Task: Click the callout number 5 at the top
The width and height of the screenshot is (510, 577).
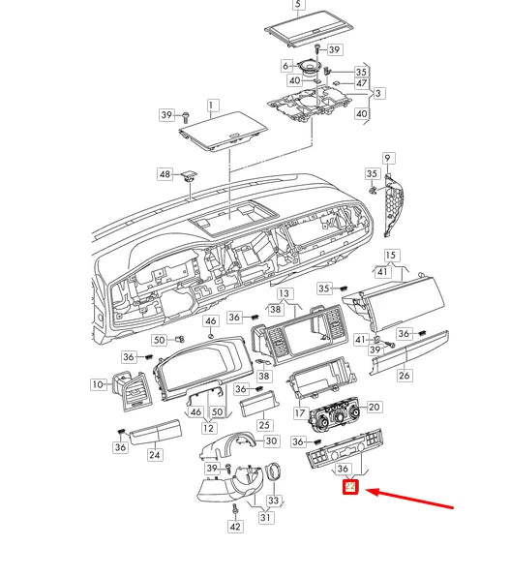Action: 297,5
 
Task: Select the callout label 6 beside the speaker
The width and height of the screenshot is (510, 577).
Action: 286,66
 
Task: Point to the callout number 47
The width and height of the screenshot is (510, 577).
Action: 361,84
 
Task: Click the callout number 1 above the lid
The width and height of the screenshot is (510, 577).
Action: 213,104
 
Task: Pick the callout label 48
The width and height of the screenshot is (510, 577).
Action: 165,175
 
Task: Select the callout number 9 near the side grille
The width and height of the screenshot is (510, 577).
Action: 387,158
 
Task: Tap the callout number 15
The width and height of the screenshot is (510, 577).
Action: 391,256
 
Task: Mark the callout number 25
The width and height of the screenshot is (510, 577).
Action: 264,425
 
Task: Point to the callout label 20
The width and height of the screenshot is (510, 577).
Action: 374,407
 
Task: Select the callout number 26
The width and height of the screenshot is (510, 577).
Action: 405,375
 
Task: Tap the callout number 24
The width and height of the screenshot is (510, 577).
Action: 154,454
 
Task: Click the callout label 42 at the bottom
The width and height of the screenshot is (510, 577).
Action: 234,527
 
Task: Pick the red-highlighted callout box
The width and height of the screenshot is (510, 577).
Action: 352,487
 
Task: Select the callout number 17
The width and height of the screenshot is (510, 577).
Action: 300,412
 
